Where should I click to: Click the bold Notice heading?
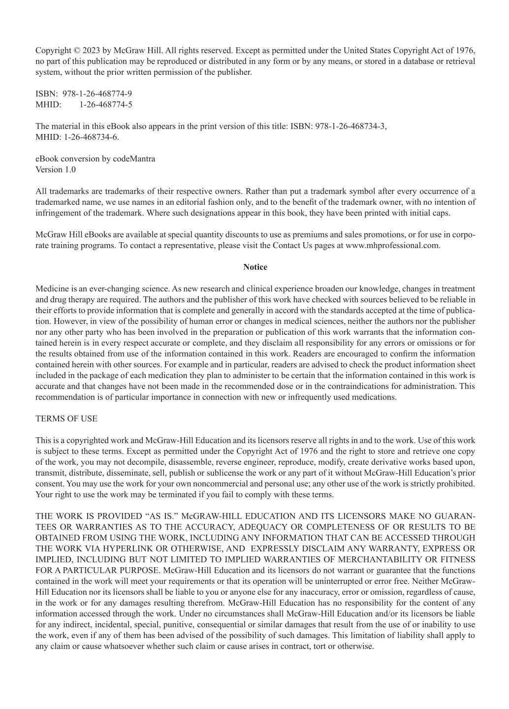(x=255, y=267)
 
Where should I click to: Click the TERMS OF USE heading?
(x=66, y=419)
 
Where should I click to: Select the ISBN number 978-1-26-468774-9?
(x=97, y=94)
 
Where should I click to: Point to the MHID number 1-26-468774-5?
(x=105, y=104)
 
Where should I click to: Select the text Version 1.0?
(x=56, y=169)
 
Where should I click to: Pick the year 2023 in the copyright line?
(x=91, y=50)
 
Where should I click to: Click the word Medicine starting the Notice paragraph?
(x=52, y=289)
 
